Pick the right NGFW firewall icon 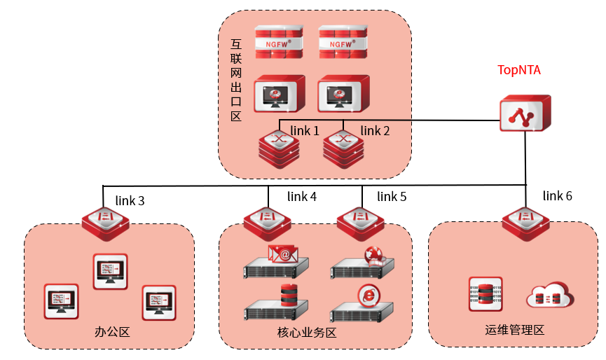[343, 42]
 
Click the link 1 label [305, 131]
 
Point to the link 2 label [376, 131]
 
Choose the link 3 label [130, 201]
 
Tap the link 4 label [303, 197]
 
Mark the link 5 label [392, 197]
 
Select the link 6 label [558, 196]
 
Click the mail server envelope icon [283, 254]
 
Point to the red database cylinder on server [289, 296]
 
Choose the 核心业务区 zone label [303, 332]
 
